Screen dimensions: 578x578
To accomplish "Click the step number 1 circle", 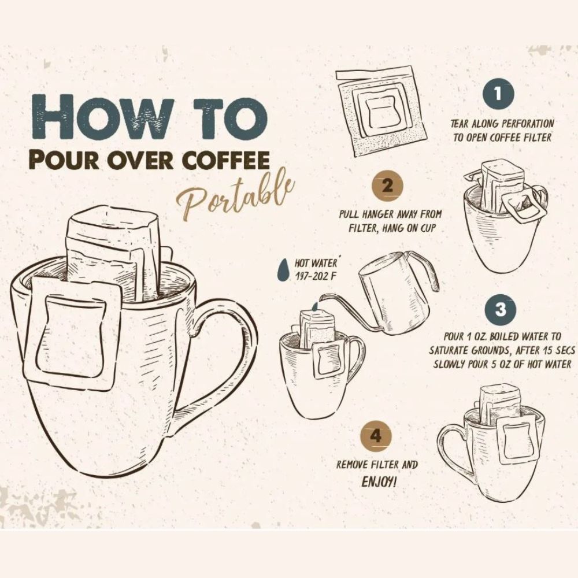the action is [498, 94].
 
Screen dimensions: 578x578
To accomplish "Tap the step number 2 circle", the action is [387, 186].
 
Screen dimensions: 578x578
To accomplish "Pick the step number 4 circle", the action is [376, 436].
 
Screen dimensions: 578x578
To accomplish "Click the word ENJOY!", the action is [379, 482].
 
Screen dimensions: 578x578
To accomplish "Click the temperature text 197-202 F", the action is [316, 276].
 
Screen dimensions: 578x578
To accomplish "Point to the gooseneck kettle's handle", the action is [424, 273].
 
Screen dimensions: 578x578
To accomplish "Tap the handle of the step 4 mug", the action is [451, 453].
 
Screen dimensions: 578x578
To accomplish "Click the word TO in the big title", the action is [232, 117].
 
